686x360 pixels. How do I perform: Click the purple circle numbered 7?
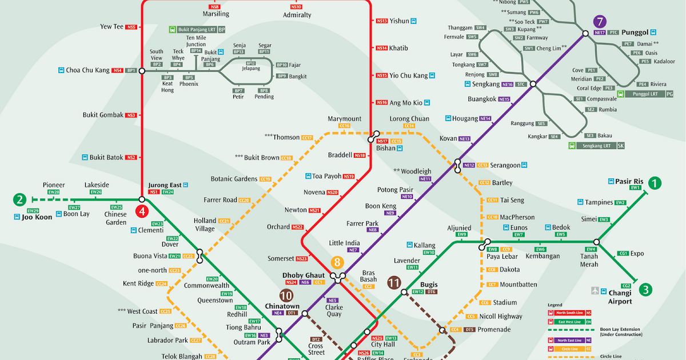(599, 22)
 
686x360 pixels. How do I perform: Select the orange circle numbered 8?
(337, 263)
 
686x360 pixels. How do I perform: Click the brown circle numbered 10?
(286, 295)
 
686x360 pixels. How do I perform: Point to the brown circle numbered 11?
(394, 282)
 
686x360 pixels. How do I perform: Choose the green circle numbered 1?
(655, 183)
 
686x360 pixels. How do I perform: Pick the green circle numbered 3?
(645, 289)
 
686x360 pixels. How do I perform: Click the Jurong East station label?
(165, 185)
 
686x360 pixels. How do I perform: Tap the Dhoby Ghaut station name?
(304, 275)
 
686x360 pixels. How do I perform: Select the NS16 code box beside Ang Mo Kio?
(382, 103)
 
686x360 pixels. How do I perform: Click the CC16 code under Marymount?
(344, 126)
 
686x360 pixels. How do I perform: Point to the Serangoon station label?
(505, 165)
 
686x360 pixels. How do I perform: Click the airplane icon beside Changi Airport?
(596, 290)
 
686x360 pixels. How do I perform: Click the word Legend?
(555, 305)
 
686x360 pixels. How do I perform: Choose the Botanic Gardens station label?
(234, 179)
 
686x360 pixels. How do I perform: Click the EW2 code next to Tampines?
(621, 202)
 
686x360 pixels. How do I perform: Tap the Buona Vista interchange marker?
(200, 256)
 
